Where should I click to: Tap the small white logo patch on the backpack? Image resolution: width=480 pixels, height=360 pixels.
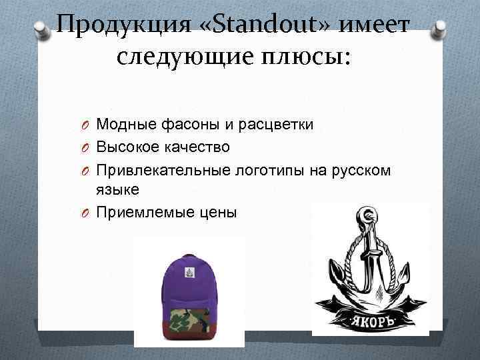coord(189,272)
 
